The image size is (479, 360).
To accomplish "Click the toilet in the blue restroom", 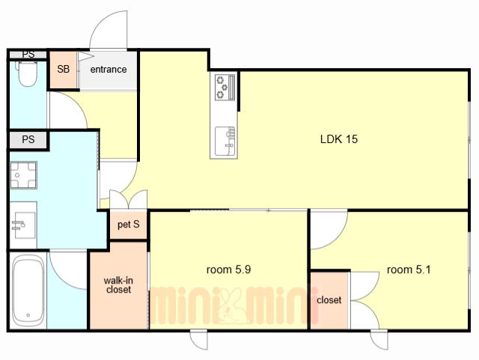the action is pyautogui.click(x=28, y=73).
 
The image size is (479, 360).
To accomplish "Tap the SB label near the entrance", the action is pyautogui.click(x=63, y=69).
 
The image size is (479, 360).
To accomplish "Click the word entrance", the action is pyautogui.click(x=109, y=70).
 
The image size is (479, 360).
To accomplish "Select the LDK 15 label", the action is pyautogui.click(x=339, y=139).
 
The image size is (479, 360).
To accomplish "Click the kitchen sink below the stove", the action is pyautogui.click(x=225, y=141).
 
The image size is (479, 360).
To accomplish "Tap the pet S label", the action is pyautogui.click(x=129, y=225).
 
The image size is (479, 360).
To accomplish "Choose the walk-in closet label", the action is pyautogui.click(x=118, y=285).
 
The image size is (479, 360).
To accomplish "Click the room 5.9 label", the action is pyautogui.click(x=229, y=269).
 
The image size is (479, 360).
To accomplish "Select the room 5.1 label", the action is pyautogui.click(x=409, y=269).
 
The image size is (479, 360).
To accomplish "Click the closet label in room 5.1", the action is pyautogui.click(x=329, y=300).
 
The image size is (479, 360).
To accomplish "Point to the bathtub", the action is pyautogui.click(x=28, y=290).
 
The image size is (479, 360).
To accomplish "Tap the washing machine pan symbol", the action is pyautogui.click(x=23, y=175).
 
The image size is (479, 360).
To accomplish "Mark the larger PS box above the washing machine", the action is pyautogui.click(x=28, y=140).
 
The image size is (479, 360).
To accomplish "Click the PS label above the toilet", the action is pyautogui.click(x=28, y=55).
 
